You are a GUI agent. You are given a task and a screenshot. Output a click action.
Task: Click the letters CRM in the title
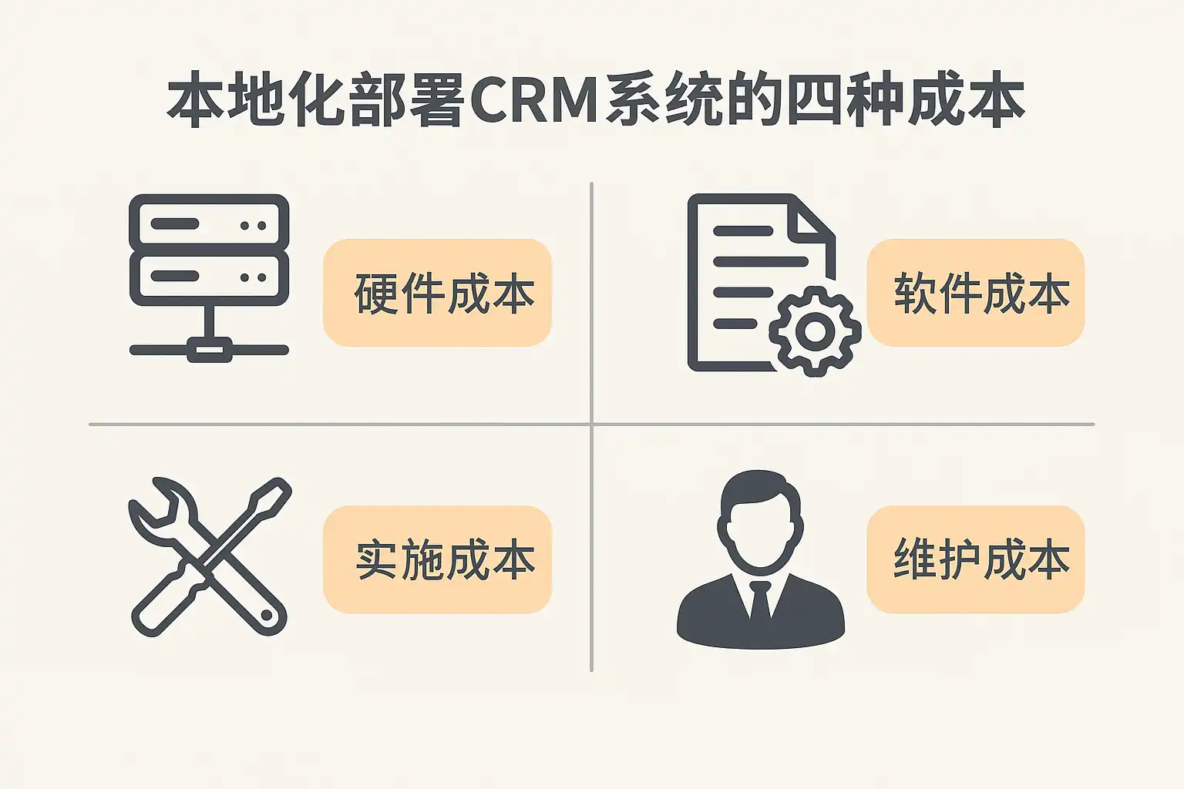(533, 101)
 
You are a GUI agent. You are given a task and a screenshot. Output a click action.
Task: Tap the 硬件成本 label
(437, 293)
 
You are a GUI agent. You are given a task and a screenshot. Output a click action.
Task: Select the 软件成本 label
(976, 293)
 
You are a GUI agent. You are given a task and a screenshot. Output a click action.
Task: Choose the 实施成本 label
(437, 559)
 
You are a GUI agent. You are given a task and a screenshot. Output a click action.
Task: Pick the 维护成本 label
(976, 559)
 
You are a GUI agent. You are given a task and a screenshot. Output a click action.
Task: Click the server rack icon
(209, 251)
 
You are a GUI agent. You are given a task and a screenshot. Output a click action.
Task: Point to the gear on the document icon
(815, 331)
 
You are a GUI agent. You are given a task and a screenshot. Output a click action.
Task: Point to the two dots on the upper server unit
(253, 226)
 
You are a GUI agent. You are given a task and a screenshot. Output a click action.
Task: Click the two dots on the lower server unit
(253, 277)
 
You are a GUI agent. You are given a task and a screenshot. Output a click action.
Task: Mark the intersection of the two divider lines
(591, 424)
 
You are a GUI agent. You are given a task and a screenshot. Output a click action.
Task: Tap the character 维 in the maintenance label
(913, 559)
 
